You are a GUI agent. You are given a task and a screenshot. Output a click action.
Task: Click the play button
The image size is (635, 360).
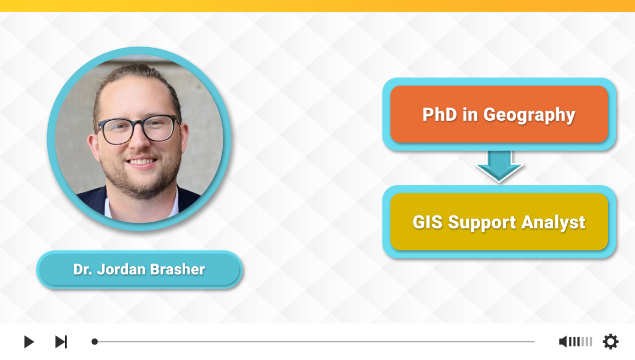pos(29,341)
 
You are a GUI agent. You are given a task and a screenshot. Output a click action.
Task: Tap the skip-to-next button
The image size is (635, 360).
pos(61,341)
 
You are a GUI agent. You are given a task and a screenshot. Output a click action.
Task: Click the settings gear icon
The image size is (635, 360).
pos(610,341)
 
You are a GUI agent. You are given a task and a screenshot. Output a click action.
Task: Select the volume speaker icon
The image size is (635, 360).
pos(563,341)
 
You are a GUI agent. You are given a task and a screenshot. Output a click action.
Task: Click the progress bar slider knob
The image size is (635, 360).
pos(95,341)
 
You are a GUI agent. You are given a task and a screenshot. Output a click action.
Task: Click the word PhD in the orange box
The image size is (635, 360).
pos(440,114)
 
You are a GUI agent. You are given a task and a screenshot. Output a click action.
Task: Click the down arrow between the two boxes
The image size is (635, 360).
pos(499,166)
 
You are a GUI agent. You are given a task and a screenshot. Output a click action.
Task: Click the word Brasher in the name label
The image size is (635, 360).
pos(177,269)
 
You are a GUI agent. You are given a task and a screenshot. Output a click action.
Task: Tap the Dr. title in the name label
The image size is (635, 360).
pos(83,269)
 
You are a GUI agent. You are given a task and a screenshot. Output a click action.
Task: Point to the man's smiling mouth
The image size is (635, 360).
pos(141,163)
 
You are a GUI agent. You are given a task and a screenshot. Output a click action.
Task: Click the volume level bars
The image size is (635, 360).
pos(580,341)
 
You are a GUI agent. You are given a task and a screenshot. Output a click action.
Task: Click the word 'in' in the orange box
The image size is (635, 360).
pos(470,114)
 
